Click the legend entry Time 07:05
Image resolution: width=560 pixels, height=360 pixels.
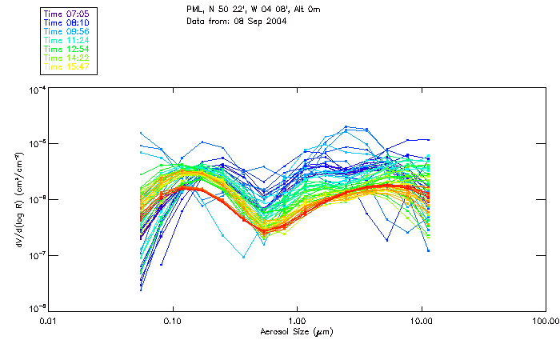tap(67, 13)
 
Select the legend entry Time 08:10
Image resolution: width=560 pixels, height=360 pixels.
tap(67, 22)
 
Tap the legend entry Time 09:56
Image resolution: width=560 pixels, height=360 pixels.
tap(67, 31)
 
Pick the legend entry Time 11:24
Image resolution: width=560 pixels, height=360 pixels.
tap(67, 40)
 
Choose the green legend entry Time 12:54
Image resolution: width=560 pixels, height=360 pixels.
tap(67, 49)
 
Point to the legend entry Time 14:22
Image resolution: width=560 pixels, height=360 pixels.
tap(67, 58)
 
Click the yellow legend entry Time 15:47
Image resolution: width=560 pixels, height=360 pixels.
tap(67, 66)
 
